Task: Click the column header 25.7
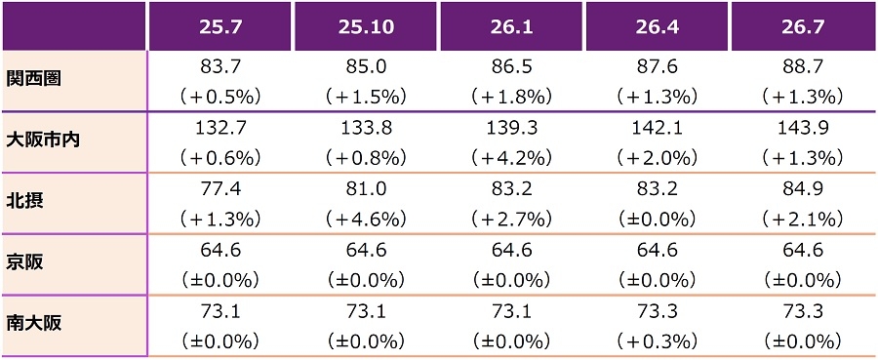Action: [x=220, y=27]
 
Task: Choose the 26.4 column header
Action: [x=658, y=27]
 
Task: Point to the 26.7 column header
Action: [x=804, y=27]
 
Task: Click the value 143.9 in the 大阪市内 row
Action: [x=804, y=129]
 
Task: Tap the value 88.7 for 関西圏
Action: [x=804, y=67]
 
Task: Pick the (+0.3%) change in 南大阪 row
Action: [x=658, y=340]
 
